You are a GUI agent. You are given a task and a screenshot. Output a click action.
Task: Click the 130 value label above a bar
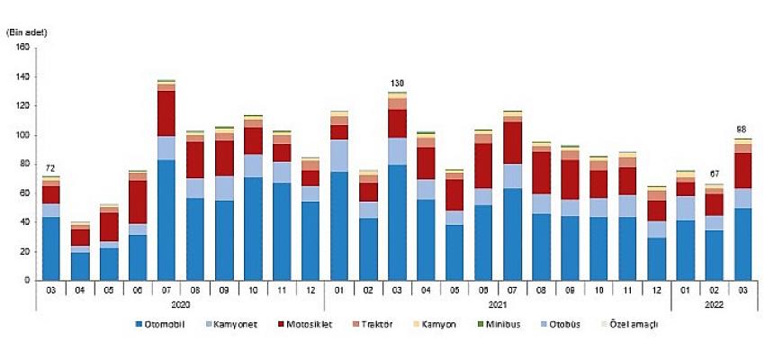(x=397, y=84)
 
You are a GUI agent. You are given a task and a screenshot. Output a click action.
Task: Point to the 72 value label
(x=51, y=167)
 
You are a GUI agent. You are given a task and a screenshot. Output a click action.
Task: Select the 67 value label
(x=715, y=175)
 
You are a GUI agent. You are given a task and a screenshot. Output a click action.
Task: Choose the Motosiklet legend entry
(x=308, y=324)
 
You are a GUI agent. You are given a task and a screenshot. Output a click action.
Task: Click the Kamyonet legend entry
(x=236, y=324)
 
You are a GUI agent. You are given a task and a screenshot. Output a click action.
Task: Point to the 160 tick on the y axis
(x=22, y=49)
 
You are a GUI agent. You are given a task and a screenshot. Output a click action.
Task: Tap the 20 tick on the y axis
(x=25, y=252)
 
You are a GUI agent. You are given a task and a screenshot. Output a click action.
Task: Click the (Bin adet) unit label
(x=27, y=32)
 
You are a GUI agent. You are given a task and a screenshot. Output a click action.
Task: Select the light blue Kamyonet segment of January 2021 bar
(x=339, y=156)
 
